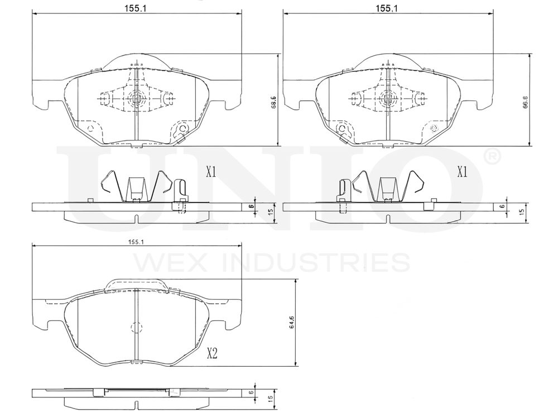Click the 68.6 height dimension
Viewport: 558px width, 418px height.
pyautogui.click(x=273, y=103)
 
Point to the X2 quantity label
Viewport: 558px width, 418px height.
pyautogui.click(x=213, y=353)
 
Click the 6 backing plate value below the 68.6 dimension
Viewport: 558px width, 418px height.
pyautogui.click(x=252, y=206)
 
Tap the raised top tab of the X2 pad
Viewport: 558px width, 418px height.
pyautogui.click(x=137, y=285)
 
